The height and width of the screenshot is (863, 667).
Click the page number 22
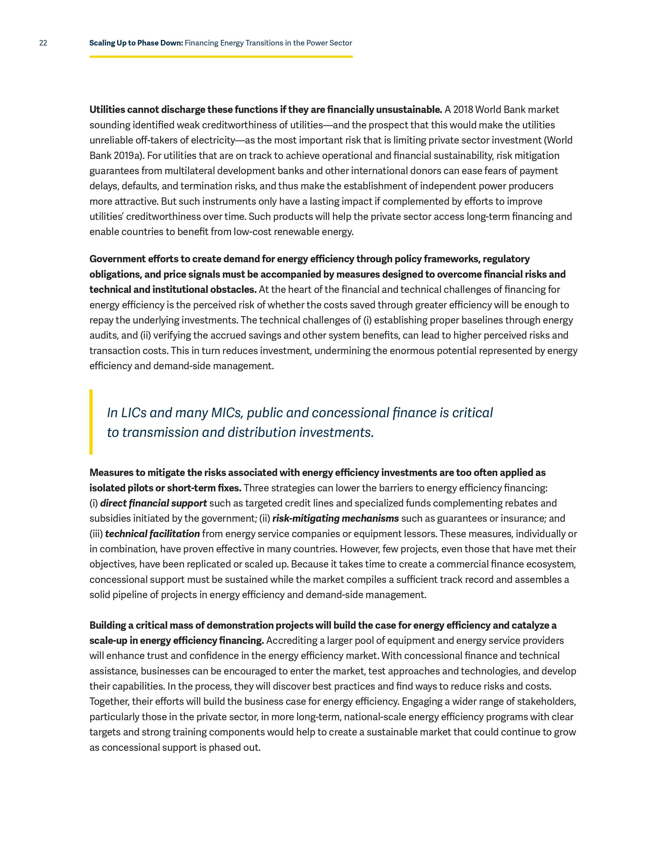click(43, 43)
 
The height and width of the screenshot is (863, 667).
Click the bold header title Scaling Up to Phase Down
click(136, 43)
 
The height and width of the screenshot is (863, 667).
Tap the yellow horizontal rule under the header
click(221, 57)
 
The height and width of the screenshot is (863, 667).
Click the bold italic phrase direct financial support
click(153, 503)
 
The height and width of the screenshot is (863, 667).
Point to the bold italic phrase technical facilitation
click(153, 534)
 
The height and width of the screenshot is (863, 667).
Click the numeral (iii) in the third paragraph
click(96, 534)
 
